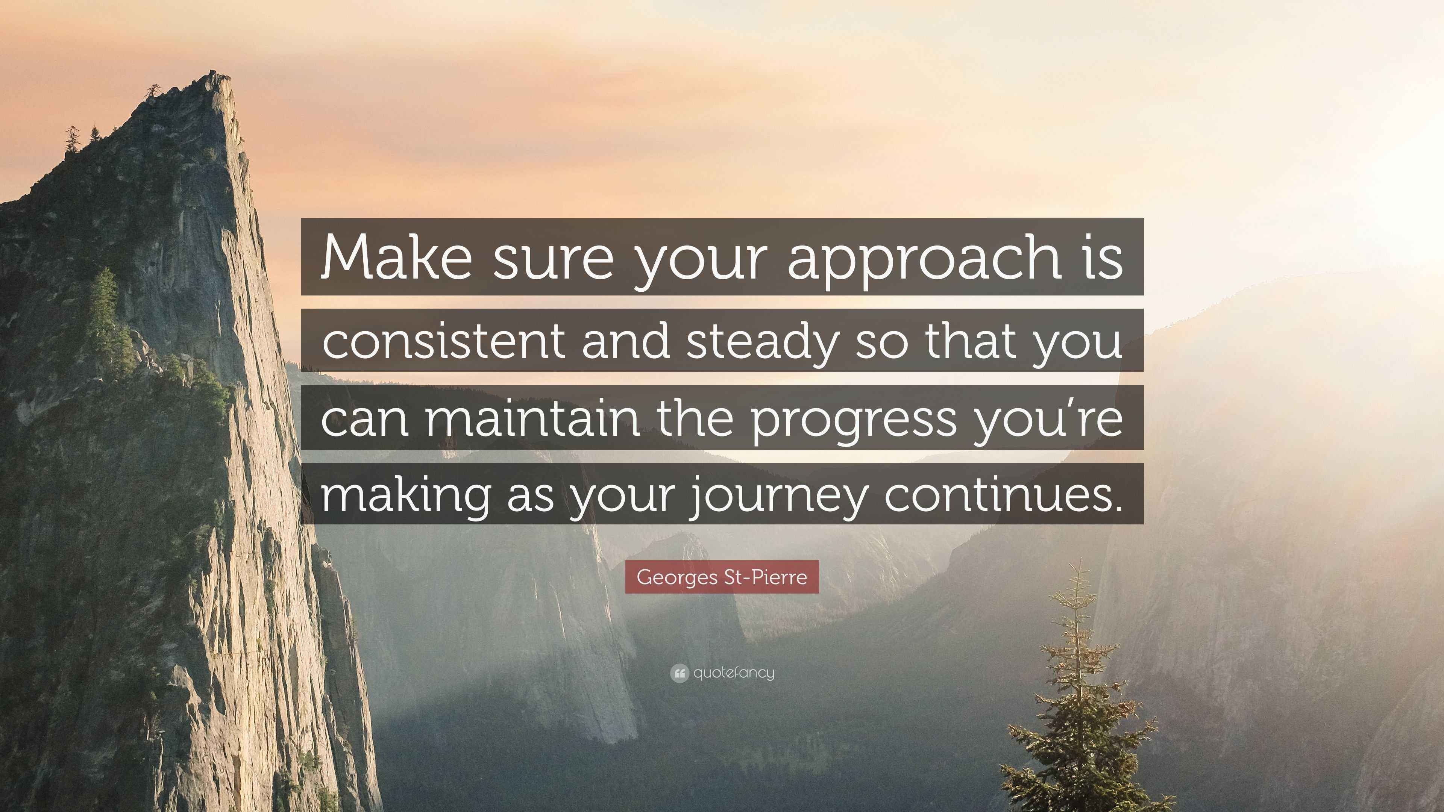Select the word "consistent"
pos(443,340)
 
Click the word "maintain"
pos(532,419)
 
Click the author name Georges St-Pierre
pos(722,577)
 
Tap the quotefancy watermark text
pos(734,673)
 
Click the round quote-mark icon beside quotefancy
pos(679,673)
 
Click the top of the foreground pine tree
pos(1077,561)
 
